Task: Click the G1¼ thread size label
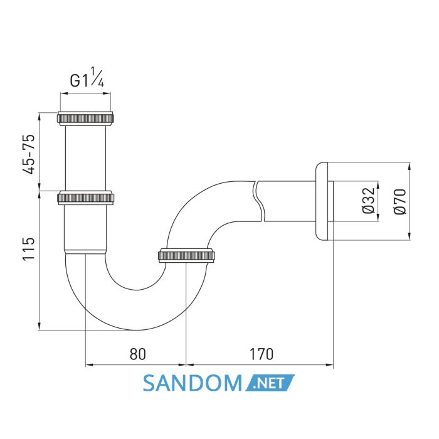click(87, 78)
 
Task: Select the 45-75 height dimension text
click(29, 154)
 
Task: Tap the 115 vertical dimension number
click(29, 249)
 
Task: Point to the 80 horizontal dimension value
click(138, 354)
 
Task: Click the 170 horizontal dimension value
click(261, 354)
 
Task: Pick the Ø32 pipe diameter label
click(368, 201)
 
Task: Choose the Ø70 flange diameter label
click(399, 201)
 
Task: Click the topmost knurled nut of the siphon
click(86, 119)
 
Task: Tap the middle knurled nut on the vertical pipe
click(86, 198)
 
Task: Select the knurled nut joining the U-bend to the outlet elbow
click(186, 255)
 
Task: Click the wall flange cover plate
click(322, 201)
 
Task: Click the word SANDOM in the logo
click(193, 383)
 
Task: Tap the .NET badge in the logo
click(270, 383)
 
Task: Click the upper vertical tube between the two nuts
click(86, 158)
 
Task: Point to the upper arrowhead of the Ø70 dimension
click(410, 166)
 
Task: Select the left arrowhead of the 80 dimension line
click(90, 364)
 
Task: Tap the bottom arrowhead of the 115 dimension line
click(40, 326)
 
